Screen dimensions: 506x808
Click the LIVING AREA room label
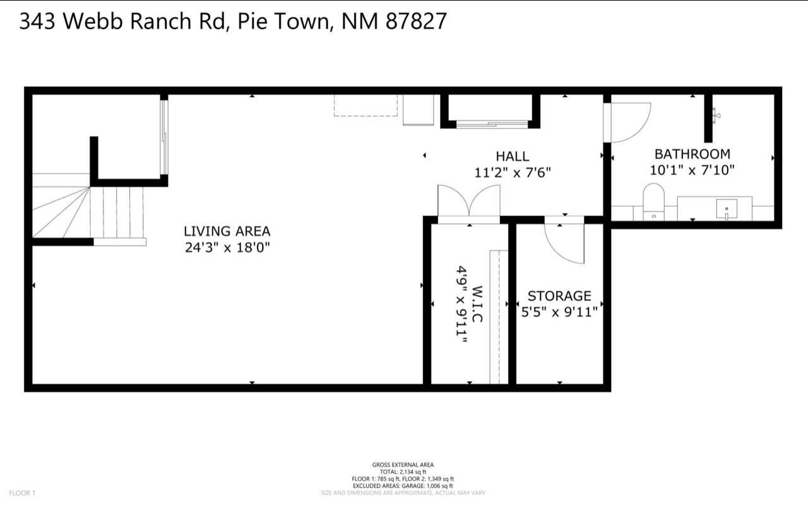[x=227, y=231]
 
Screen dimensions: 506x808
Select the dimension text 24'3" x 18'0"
[x=227, y=247]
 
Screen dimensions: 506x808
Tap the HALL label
[x=512, y=156]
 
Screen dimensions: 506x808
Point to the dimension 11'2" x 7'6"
[x=512, y=172]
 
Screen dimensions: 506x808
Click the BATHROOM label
[x=692, y=153]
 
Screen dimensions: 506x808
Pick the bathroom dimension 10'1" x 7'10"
[x=692, y=170]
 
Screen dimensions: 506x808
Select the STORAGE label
[x=559, y=295]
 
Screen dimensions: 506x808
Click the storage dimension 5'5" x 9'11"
[x=559, y=311]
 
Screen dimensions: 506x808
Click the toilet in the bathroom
[x=653, y=200]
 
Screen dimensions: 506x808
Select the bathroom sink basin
[x=727, y=208]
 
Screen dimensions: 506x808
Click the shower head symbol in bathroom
[x=715, y=115]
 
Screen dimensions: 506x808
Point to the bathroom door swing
[x=628, y=122]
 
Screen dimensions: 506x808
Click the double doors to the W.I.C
[x=468, y=203]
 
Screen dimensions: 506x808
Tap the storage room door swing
[x=566, y=243]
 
